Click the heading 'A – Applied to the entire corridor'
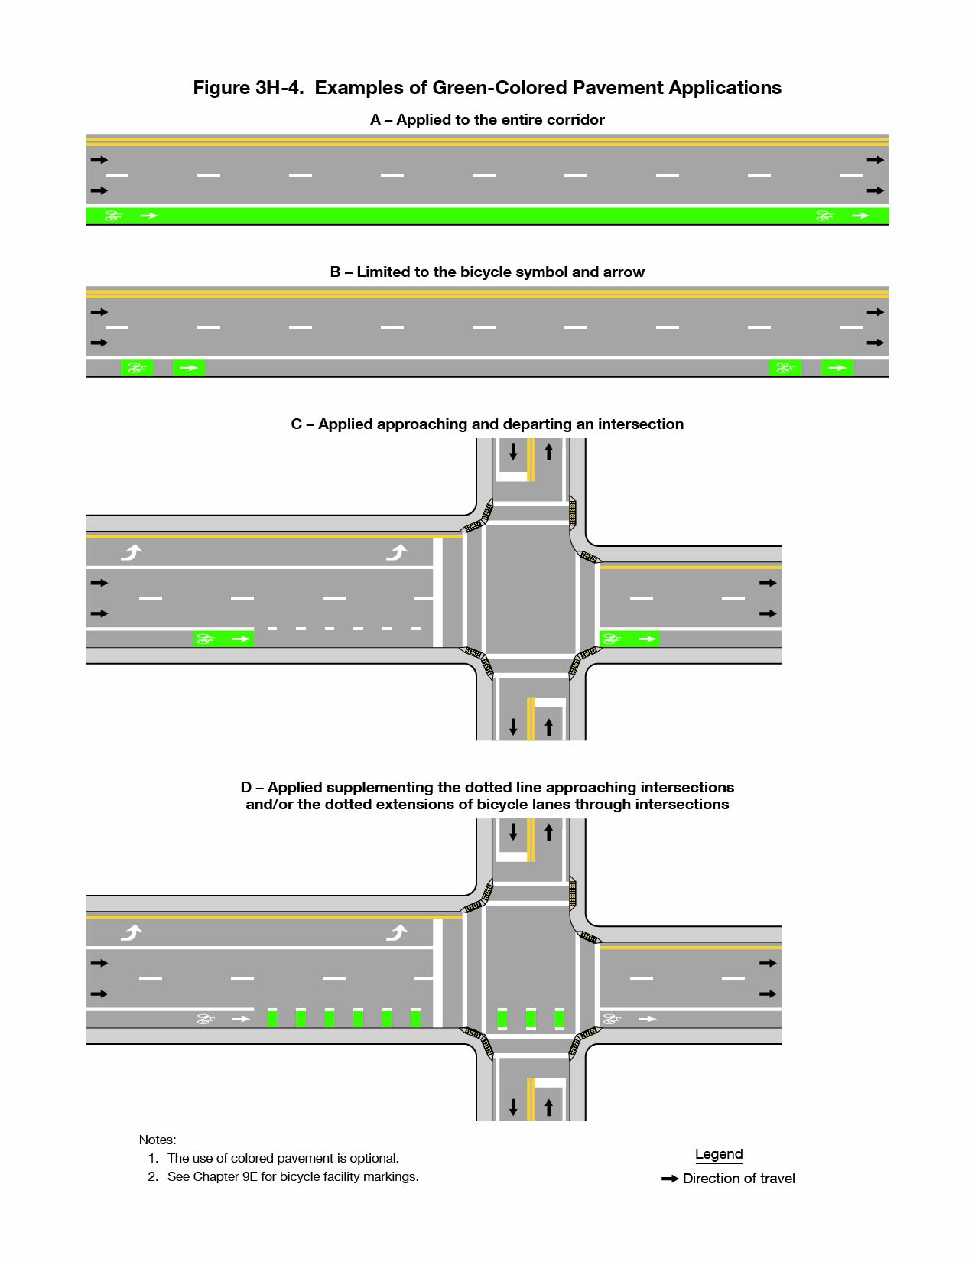tap(487, 120)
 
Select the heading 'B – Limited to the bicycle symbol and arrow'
tap(487, 272)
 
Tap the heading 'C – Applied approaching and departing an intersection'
tap(487, 424)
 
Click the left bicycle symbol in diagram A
tap(113, 216)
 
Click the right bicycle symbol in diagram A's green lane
tap(824, 216)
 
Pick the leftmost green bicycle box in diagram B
tap(138, 368)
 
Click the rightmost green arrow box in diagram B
tap(837, 368)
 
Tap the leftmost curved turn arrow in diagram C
tap(132, 551)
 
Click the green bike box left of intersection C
tap(223, 639)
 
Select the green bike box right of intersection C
tap(629, 639)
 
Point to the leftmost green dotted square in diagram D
tap(272, 1019)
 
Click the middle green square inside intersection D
tap(531, 1019)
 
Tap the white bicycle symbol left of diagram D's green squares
tap(206, 1019)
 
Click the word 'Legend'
tap(719, 1154)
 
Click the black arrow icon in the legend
tap(670, 1179)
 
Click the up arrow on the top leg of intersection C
tap(548, 452)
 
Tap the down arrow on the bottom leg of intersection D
tap(513, 1106)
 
